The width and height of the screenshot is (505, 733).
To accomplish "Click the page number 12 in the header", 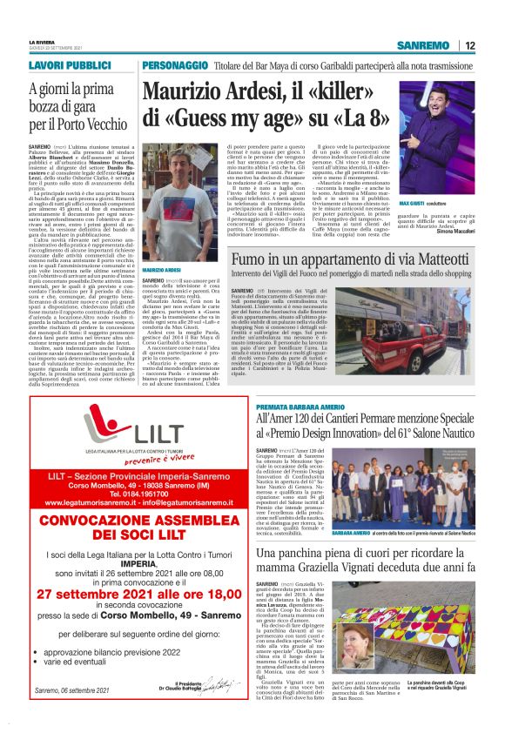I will (x=469, y=45).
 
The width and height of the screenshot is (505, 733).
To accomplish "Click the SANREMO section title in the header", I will (x=422, y=45).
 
